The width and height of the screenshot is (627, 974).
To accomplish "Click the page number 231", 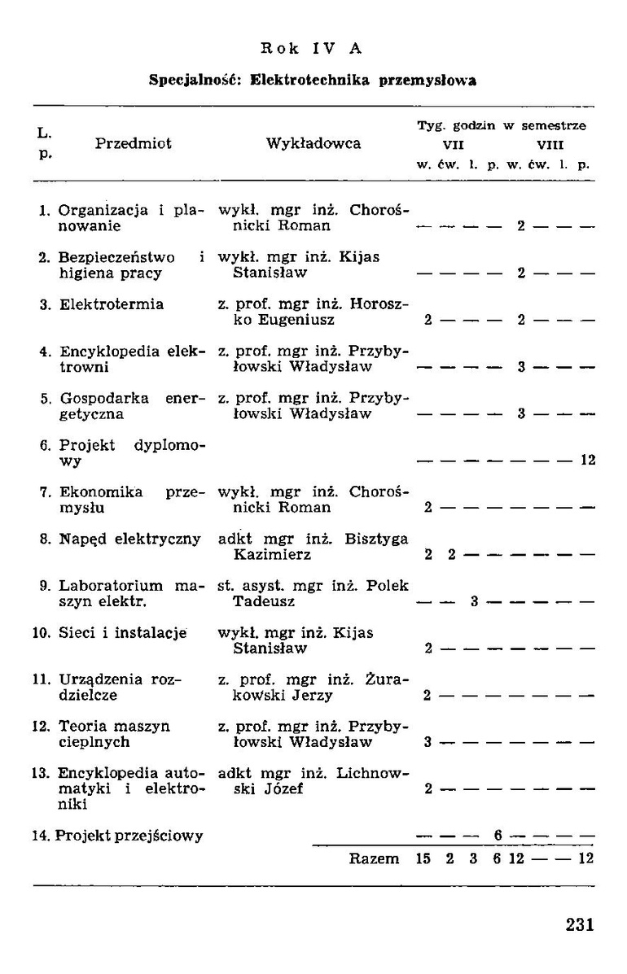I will pos(580,924).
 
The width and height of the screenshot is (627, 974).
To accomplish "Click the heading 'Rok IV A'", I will pos(311,48).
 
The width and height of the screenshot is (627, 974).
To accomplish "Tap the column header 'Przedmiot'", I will pos(134,144).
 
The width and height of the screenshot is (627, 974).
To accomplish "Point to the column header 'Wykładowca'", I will pos(313,144).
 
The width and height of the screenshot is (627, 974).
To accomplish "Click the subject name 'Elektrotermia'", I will pos(112,304).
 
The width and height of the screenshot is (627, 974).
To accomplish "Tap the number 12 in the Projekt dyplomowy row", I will pos(587,461).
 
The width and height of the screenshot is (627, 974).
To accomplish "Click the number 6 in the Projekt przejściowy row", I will pos(496,835).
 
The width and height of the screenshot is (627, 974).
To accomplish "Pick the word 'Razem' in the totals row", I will pos(374,858).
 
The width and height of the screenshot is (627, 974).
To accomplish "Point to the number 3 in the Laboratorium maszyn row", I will pos(473,602).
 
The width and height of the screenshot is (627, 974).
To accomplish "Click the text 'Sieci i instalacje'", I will pos(122,632).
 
